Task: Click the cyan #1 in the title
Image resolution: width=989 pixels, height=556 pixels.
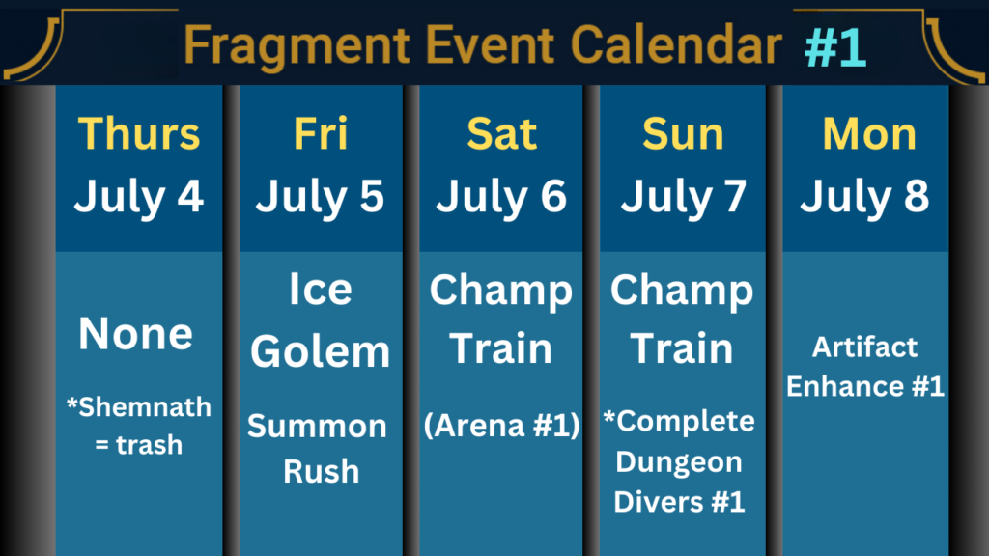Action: click(x=835, y=47)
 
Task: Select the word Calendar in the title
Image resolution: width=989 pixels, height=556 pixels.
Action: click(x=676, y=44)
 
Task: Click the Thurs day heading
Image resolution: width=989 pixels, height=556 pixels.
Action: click(x=139, y=133)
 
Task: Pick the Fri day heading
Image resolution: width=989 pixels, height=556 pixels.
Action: click(x=321, y=133)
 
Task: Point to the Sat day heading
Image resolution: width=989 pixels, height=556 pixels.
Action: click(x=501, y=133)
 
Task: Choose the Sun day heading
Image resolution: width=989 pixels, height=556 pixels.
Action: click(x=683, y=133)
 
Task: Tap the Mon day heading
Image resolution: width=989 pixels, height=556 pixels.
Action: click(x=869, y=133)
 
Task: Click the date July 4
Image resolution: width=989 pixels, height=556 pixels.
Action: click(x=139, y=197)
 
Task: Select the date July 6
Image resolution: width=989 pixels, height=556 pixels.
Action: click(x=501, y=197)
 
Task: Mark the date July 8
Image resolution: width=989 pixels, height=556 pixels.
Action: click(x=864, y=197)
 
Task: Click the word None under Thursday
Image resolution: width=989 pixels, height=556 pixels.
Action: click(x=135, y=333)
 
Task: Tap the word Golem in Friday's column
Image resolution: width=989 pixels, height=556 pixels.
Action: click(x=321, y=351)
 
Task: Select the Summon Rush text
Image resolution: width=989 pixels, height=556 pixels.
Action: click(x=318, y=449)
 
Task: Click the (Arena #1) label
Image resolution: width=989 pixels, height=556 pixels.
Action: click(x=502, y=425)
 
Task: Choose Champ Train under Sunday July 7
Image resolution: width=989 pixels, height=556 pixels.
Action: click(x=682, y=319)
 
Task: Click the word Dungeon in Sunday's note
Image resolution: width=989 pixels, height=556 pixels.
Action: click(x=679, y=462)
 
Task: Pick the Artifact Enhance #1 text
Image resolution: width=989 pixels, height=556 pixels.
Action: click(x=864, y=366)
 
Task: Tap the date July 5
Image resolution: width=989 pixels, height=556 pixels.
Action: click(x=320, y=197)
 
